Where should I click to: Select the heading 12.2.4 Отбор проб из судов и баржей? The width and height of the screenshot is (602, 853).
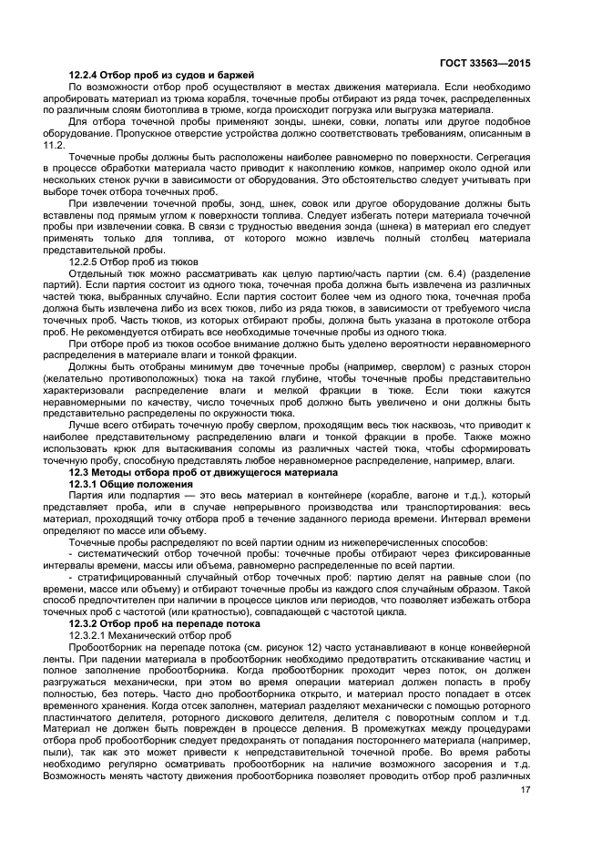click(161, 74)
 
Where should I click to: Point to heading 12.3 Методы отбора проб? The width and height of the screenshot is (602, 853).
click(203, 473)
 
